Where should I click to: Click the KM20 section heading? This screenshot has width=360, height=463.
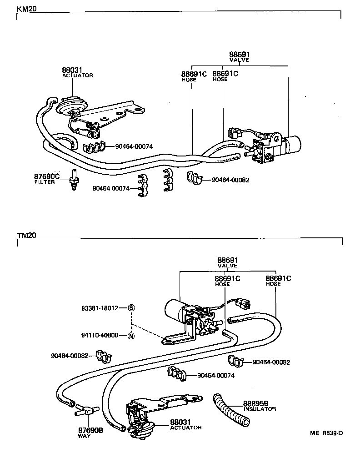coord(27,9)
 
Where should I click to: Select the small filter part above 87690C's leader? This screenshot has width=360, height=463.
coord(73,180)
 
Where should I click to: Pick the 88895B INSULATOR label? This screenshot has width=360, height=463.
coord(259,406)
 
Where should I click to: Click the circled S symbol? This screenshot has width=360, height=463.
coord(131,308)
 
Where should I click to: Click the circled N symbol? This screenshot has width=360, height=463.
coord(131,336)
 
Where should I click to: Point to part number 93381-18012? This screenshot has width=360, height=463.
coord(100,308)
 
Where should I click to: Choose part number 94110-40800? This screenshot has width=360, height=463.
coord(100,336)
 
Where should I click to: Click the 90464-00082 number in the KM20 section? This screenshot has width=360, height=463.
coord(230,180)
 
